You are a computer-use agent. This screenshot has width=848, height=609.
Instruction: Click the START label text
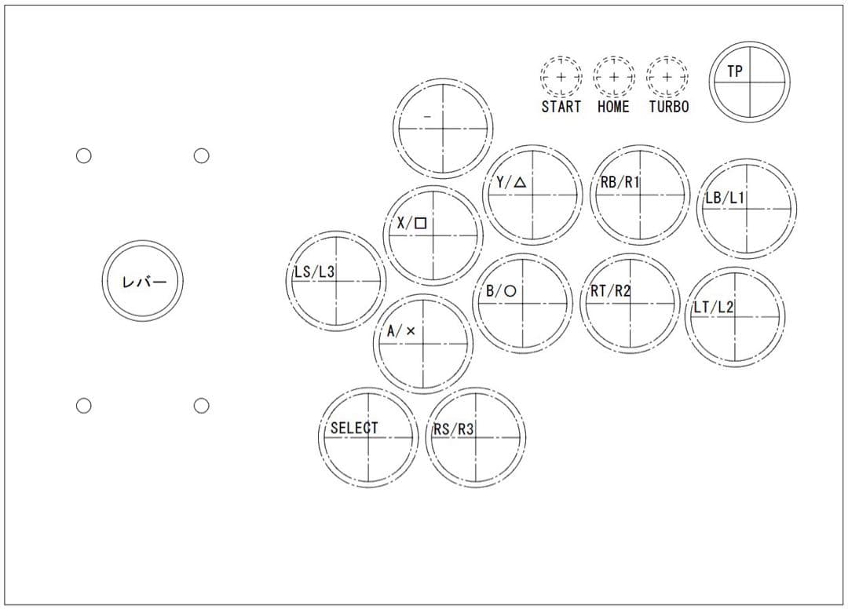pos(561,107)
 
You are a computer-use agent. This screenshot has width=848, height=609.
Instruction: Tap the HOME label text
pos(613,107)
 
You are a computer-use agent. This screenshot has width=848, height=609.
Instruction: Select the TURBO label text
pos(669,107)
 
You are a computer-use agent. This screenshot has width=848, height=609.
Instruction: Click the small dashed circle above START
pos(561,57)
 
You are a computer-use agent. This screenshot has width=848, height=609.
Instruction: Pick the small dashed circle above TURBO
pos(667,57)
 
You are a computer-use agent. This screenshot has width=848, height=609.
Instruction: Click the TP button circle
pos(750,42)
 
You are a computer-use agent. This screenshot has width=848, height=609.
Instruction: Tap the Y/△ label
pos(511,183)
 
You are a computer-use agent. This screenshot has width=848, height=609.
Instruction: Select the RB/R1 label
pos(620,182)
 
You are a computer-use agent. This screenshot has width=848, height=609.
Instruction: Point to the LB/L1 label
pos(725,198)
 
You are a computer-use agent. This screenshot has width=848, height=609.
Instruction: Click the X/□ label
pos(412,223)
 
